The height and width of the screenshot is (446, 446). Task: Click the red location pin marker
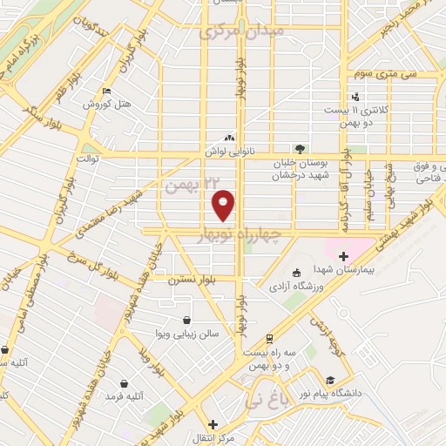click(225, 204)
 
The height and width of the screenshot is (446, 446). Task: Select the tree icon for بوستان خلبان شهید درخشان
click(300, 149)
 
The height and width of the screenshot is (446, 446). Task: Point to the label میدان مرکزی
click(230, 32)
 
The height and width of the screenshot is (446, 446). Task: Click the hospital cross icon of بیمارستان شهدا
click(343, 256)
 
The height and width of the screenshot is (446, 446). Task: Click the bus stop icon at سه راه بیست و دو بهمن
click(270, 337)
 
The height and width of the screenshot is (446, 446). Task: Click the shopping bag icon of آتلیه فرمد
click(125, 382)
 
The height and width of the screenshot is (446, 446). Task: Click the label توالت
click(91, 159)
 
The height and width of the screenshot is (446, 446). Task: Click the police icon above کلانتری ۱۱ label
click(355, 97)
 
